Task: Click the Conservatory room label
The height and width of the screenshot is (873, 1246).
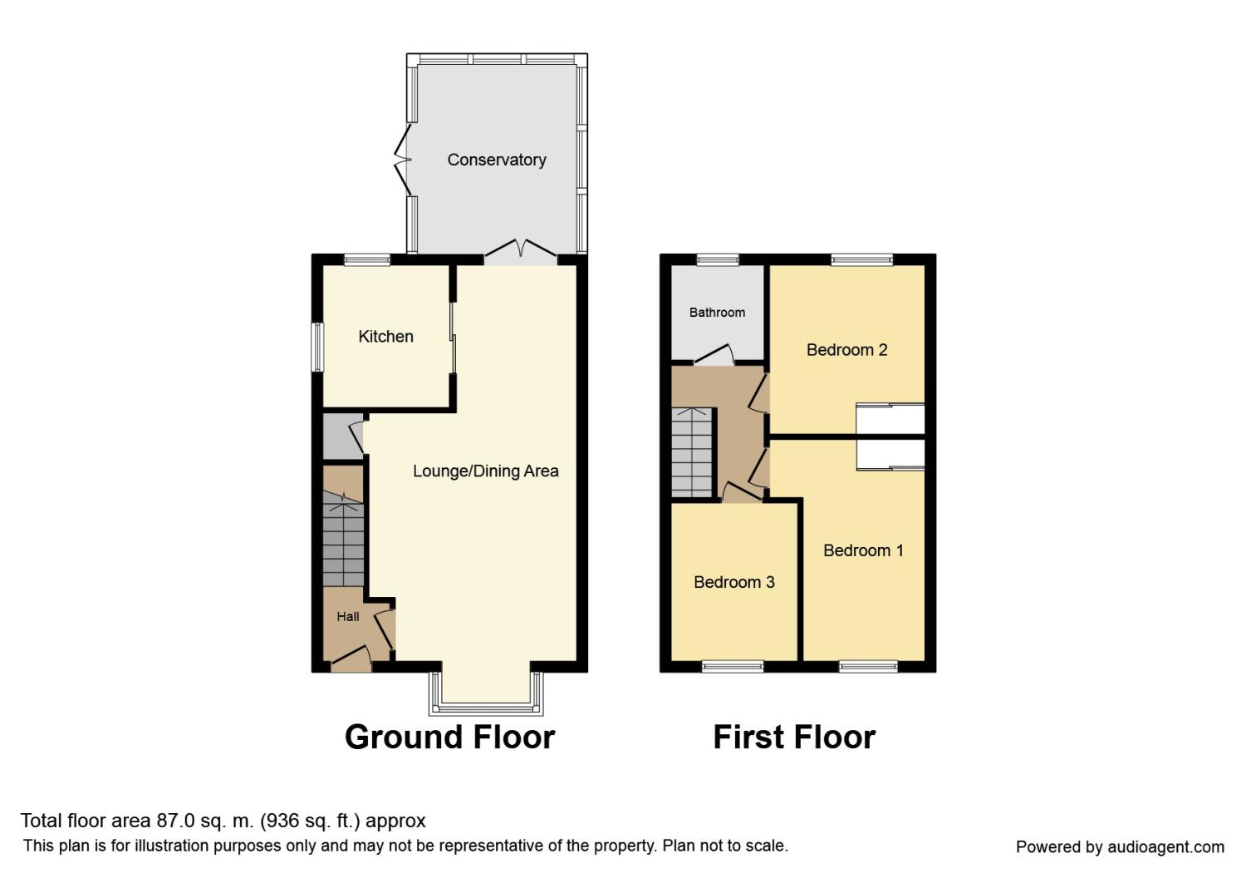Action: coord(496,160)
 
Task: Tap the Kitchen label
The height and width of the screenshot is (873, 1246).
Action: coord(385,336)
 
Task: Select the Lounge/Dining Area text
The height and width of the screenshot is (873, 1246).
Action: coord(485,471)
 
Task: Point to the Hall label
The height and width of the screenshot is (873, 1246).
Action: coord(348,616)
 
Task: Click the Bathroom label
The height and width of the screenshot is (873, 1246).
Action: coord(717,313)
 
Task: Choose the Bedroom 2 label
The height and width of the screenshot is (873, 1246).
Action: coord(846,350)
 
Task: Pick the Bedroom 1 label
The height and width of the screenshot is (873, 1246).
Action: coord(863,550)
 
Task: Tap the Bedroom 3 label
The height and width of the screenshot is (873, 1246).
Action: coord(734,582)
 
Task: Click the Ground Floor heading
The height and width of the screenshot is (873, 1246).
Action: coord(449,737)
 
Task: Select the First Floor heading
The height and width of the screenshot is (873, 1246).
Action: coord(794,737)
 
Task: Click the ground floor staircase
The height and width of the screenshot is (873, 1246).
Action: coord(343,539)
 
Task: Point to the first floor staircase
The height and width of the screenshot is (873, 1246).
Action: coord(692,452)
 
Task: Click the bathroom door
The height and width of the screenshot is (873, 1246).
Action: coord(714,355)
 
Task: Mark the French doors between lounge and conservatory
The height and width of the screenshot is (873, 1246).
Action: coord(521,252)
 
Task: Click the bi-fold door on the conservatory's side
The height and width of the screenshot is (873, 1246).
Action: coord(403,160)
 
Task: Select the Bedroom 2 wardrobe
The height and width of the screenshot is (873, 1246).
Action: coord(890,418)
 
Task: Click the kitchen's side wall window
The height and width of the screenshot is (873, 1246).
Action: coord(317,347)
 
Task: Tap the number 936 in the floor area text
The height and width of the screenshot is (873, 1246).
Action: coord(282,821)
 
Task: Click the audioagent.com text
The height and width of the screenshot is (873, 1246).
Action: coord(1166,847)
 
